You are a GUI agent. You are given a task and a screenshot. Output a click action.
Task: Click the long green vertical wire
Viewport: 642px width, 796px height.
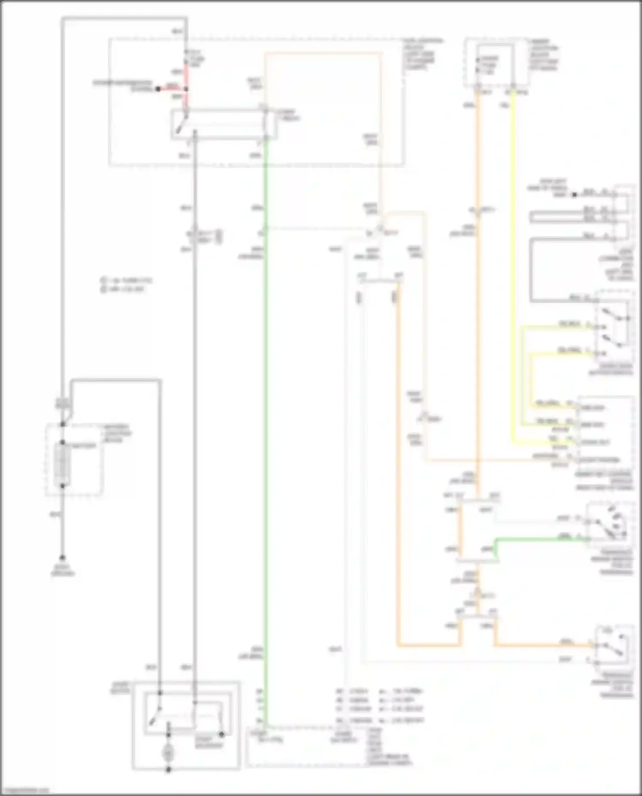coord(265,428)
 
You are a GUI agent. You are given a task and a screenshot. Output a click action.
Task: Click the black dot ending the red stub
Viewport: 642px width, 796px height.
coord(158,89)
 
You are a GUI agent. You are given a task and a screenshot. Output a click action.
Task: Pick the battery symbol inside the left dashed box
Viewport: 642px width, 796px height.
coord(62,464)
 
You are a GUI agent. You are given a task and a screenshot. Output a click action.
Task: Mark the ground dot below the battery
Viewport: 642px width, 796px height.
coord(62,558)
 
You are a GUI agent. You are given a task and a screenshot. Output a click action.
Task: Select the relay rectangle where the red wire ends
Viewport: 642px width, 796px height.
coord(223,124)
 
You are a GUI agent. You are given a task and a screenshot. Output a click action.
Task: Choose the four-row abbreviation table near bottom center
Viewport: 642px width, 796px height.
coord(379,706)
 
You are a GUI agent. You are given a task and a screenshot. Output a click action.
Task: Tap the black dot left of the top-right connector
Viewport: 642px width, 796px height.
coord(574,195)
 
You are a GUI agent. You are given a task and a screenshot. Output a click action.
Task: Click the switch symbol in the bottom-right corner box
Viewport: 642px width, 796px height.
coord(613,646)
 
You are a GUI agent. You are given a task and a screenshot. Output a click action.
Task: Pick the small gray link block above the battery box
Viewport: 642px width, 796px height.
coord(62,403)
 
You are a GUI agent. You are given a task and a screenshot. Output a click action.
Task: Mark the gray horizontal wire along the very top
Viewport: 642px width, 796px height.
coord(124,18)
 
